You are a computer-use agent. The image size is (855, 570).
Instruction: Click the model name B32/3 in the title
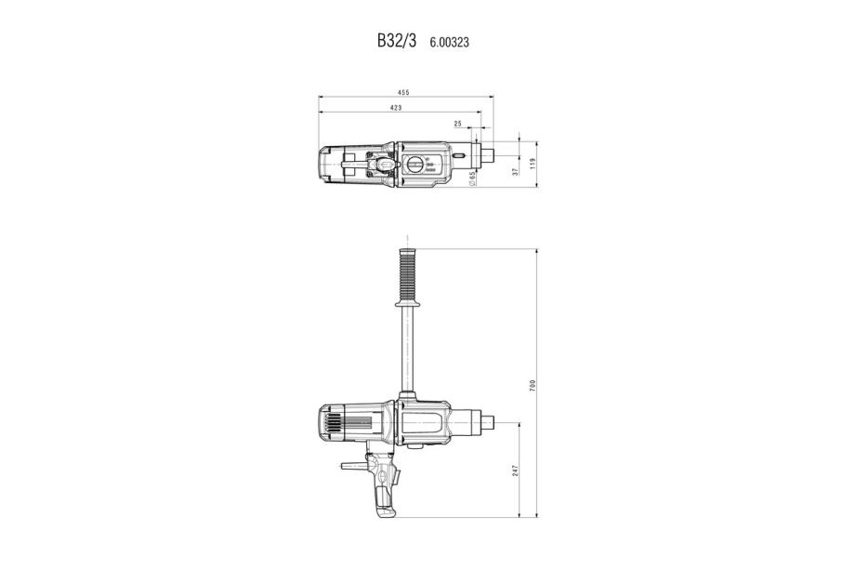coord(397,41)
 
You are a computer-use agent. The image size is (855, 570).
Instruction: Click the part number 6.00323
coord(449,42)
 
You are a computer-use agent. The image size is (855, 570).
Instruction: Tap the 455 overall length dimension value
coord(403,93)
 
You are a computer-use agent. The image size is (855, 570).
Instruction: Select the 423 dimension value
coord(396,108)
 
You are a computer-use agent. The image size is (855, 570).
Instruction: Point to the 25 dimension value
coord(457,124)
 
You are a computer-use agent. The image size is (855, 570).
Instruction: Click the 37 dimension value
coord(515,172)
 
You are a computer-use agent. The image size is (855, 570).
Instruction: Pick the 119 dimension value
coord(533,163)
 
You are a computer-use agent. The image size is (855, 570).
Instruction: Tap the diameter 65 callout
coord(472,178)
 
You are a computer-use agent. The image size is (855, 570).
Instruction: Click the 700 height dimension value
coord(533,385)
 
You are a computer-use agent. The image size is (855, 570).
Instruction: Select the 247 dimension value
coord(515,471)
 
